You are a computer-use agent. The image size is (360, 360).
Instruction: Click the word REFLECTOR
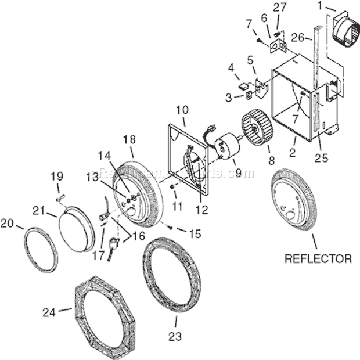pos(318,259)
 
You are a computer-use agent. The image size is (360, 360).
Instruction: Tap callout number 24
pos(50,313)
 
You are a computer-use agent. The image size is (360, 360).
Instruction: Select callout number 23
pos(175,336)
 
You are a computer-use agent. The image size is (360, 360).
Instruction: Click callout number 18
pos(129,140)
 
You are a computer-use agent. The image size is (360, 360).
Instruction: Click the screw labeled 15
pos(169,228)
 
